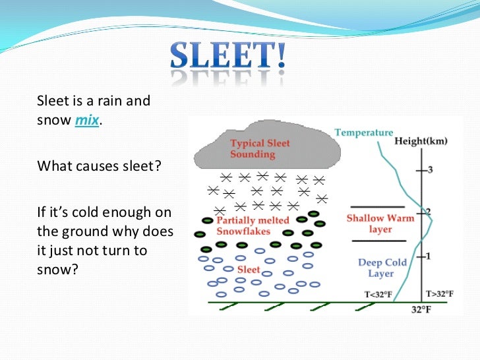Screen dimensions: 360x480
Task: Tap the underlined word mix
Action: (x=86, y=121)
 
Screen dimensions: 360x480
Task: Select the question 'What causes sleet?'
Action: (x=99, y=165)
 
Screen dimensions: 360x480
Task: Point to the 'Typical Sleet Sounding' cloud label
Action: (x=259, y=148)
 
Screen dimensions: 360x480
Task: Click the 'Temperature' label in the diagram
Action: (x=363, y=133)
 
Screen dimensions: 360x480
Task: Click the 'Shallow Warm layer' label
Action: (x=380, y=224)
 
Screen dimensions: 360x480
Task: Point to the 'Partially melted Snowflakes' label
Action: (x=251, y=225)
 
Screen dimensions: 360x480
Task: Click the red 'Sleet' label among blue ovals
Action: (x=249, y=270)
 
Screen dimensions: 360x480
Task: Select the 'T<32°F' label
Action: (x=378, y=295)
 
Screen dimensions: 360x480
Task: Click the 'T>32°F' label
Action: (x=439, y=294)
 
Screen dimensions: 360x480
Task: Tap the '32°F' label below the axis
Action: (x=422, y=309)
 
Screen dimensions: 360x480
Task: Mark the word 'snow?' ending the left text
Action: (x=57, y=270)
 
